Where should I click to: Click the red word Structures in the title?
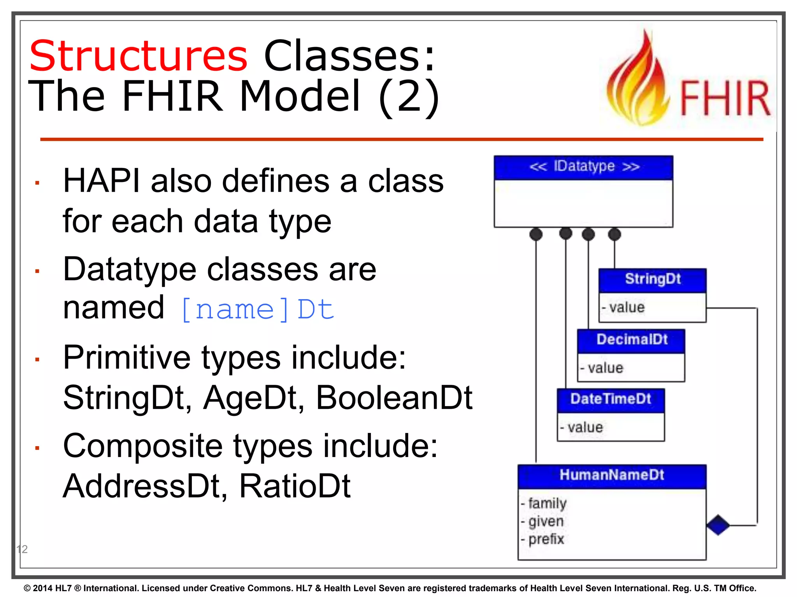pos(138,56)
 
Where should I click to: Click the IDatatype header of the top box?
pos(584,167)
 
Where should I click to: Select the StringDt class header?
pos(653,279)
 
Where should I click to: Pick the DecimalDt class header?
pos(632,340)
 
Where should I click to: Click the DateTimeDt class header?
pos(611,399)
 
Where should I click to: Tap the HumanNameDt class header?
pos(612,475)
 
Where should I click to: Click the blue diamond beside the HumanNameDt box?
pos(718,525)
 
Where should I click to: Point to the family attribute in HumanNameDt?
pos(547,503)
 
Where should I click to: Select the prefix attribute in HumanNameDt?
pos(546,539)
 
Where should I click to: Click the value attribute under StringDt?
pos(627,307)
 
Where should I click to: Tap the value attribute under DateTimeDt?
pos(585,428)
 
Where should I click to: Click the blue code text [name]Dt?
pos(258,310)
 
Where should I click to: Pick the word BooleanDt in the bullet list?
pos(394,398)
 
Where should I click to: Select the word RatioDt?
pos(295,486)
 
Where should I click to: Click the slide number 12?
pos(22,549)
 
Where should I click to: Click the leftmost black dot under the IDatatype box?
pos(536,234)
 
